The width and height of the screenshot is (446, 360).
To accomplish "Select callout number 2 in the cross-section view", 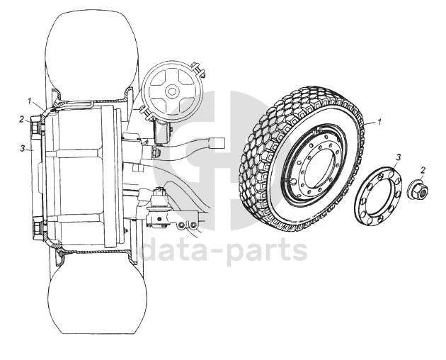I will click(x=22, y=119).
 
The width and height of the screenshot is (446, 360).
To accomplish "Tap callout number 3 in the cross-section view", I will click(x=23, y=149).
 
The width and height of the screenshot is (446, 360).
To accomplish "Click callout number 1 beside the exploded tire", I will click(x=379, y=123).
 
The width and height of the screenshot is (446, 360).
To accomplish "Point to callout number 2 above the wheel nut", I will click(x=423, y=170).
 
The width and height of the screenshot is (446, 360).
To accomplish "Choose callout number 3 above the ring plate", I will click(x=399, y=157).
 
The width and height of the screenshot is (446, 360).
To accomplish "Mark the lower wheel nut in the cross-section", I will click(x=35, y=230).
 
